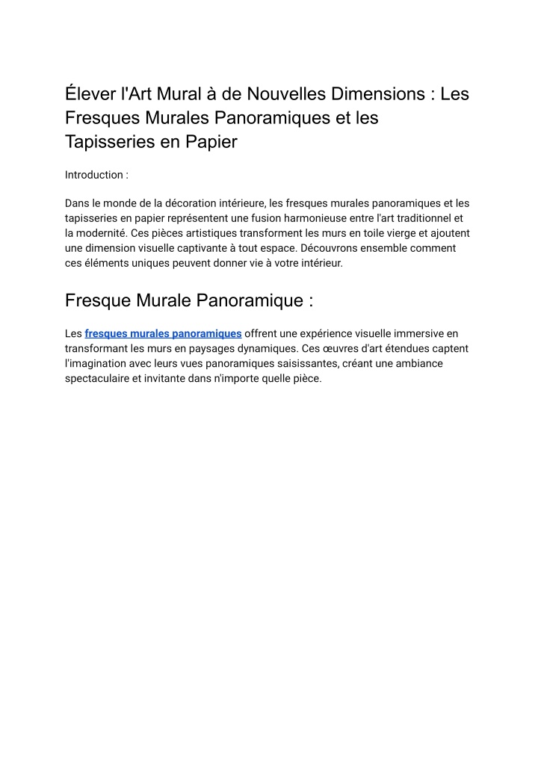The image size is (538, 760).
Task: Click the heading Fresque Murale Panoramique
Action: click(188, 300)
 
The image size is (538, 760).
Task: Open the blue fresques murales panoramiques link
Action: click(163, 333)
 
